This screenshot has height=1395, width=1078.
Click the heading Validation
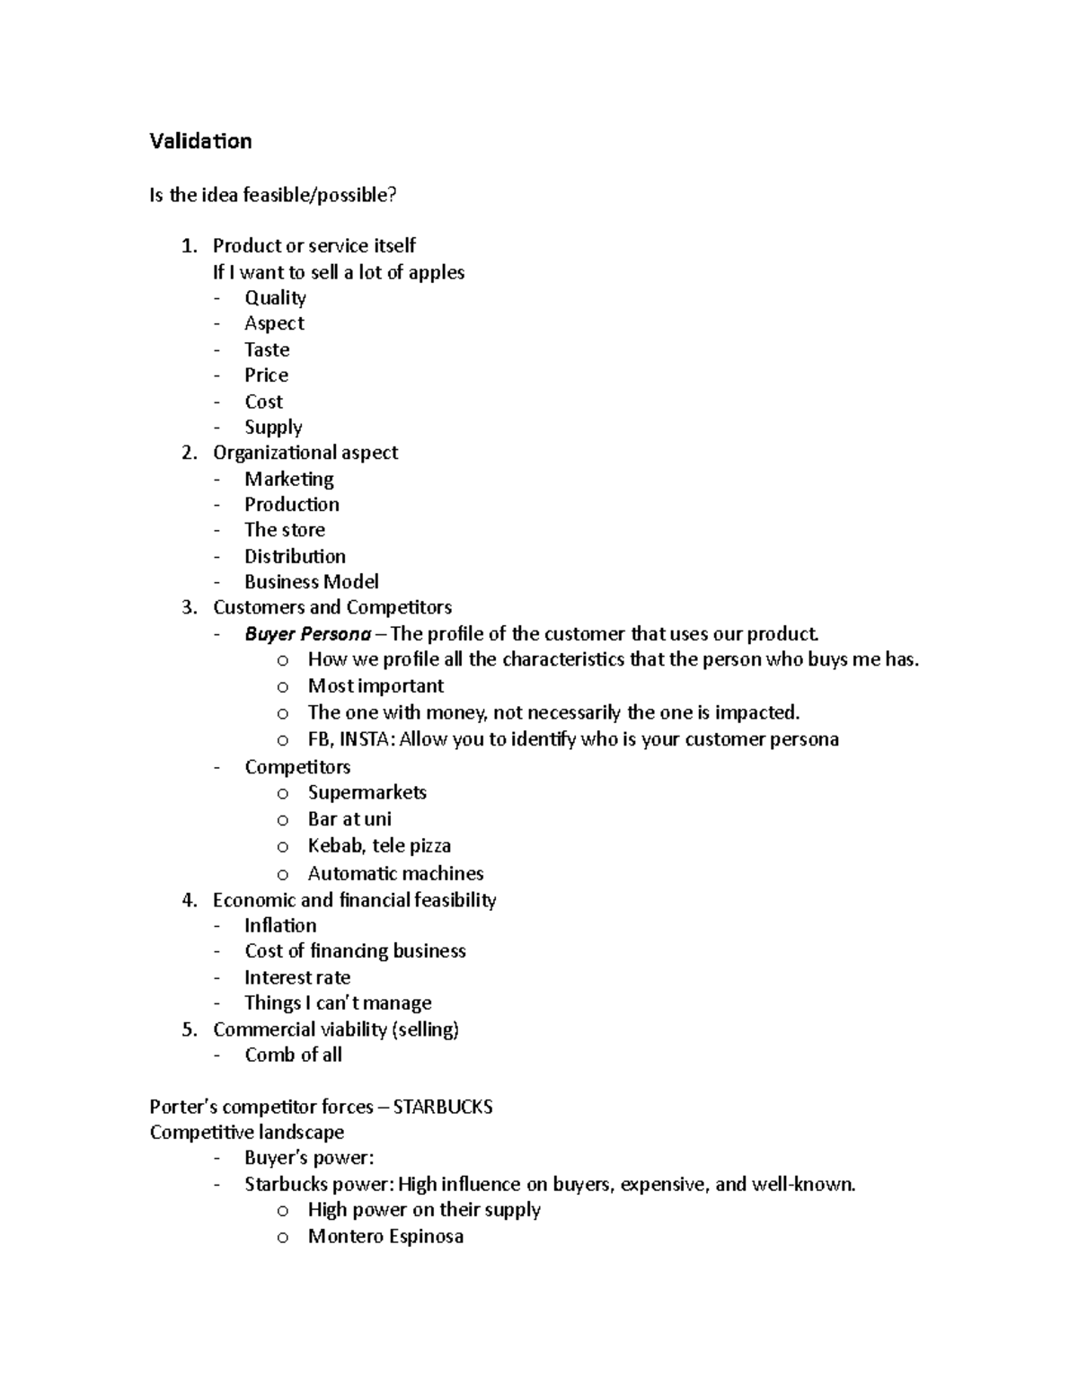click(x=200, y=141)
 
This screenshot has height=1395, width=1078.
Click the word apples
click(x=436, y=272)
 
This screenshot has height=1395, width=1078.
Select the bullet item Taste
click(x=267, y=349)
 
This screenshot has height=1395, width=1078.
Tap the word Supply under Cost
click(x=273, y=428)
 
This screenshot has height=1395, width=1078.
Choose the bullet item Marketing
click(x=289, y=479)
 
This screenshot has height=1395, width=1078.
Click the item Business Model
click(x=311, y=581)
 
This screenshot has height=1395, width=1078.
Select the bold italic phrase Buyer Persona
click(x=307, y=634)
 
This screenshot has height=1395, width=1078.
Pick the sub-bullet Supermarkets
click(x=367, y=792)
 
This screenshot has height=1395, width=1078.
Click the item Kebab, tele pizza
click(x=379, y=845)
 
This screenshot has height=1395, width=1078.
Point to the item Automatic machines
click(x=395, y=873)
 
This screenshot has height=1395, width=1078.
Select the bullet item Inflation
click(x=280, y=925)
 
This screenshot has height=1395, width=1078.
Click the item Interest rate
click(x=297, y=977)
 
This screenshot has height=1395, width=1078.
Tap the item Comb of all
click(x=293, y=1055)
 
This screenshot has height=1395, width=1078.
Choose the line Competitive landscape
click(x=247, y=1132)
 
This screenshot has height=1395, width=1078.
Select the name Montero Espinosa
click(x=385, y=1236)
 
